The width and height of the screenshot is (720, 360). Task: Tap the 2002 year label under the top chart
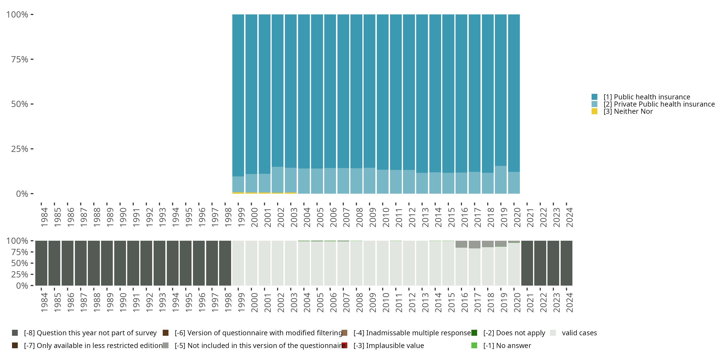click(x=281, y=217)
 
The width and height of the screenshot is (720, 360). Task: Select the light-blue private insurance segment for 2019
click(x=501, y=180)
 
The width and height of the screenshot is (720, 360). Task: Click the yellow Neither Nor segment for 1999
click(x=238, y=193)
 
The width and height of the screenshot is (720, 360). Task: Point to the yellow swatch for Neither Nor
click(x=594, y=111)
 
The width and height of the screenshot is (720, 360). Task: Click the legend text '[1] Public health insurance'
click(x=647, y=97)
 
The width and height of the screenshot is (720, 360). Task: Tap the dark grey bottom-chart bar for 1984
click(x=41, y=263)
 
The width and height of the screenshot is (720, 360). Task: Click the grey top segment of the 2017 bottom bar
click(x=474, y=245)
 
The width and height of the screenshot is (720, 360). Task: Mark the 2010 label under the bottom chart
click(x=386, y=302)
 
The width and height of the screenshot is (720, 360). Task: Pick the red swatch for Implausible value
click(x=344, y=345)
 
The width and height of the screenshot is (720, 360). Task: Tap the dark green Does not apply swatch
click(x=474, y=333)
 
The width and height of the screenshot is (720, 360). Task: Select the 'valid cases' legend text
click(x=579, y=333)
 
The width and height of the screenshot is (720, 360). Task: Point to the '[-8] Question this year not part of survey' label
click(x=90, y=333)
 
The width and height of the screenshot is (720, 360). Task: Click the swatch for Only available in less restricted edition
click(x=15, y=345)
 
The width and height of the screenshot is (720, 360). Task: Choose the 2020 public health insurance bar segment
click(x=514, y=92)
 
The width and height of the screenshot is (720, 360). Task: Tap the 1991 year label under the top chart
click(x=136, y=217)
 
